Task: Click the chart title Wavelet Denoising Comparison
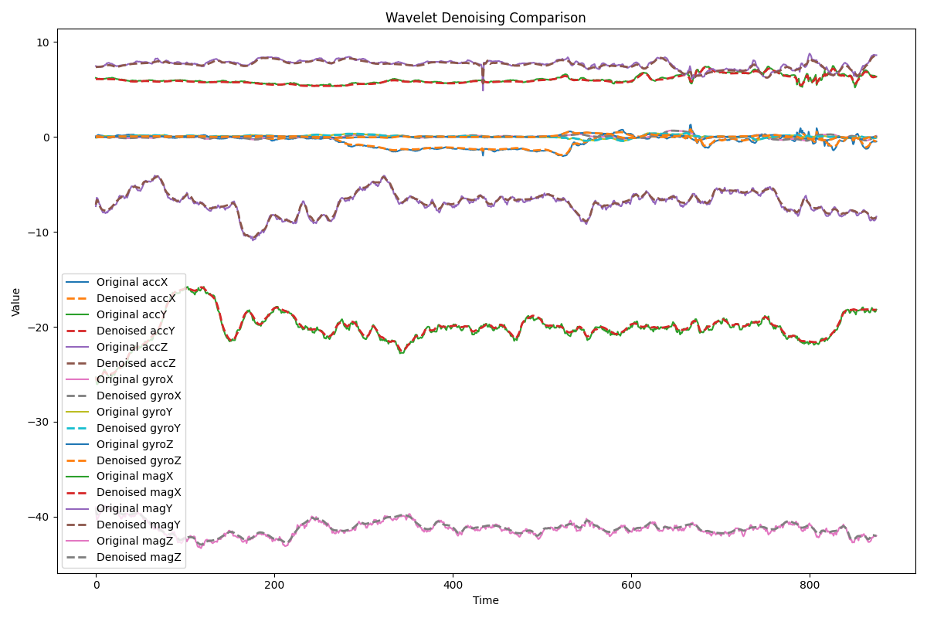click(x=485, y=18)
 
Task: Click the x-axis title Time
click(x=485, y=600)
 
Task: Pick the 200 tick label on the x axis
click(x=274, y=586)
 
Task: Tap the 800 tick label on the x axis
click(x=810, y=586)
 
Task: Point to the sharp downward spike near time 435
click(x=484, y=89)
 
